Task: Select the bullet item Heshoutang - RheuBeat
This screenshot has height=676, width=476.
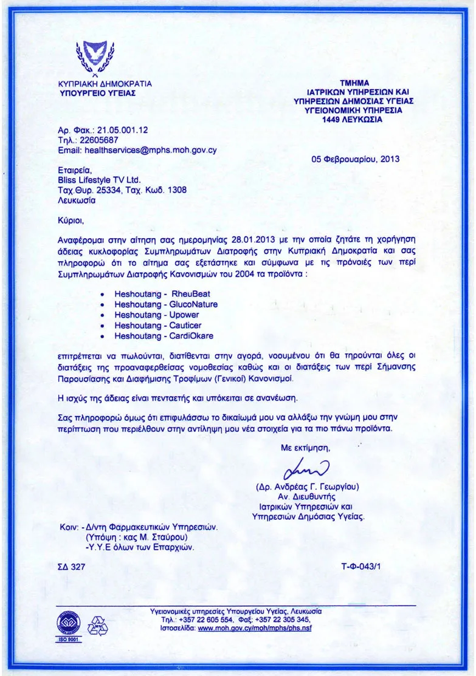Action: (x=162, y=294)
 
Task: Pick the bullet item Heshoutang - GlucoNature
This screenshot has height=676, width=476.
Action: (x=166, y=304)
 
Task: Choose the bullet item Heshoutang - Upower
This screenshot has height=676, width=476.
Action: (x=157, y=315)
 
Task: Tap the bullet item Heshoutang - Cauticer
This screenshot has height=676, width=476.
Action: (x=158, y=325)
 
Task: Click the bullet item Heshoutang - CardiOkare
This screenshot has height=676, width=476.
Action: (x=164, y=335)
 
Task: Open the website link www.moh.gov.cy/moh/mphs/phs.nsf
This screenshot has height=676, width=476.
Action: (x=255, y=629)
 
